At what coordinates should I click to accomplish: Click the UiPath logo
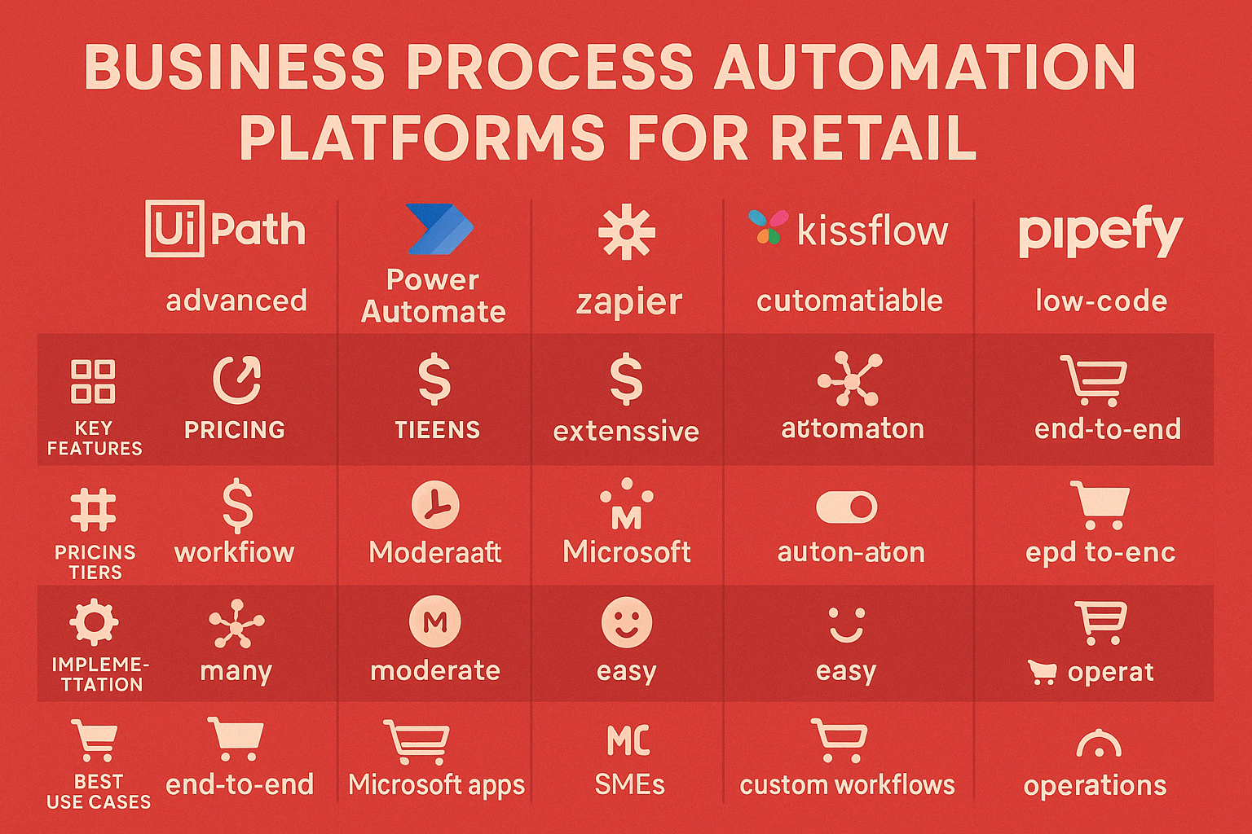pyautogui.click(x=225, y=229)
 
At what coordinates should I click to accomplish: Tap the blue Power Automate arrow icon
pyautogui.click(x=440, y=229)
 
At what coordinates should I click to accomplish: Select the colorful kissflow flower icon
pyautogui.click(x=768, y=226)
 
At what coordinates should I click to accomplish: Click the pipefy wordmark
pyautogui.click(x=1100, y=231)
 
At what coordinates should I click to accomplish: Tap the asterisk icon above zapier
pyautogui.click(x=626, y=231)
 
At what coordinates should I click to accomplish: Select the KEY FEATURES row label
pyautogui.click(x=95, y=438)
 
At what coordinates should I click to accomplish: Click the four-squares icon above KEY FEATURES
pyautogui.click(x=93, y=381)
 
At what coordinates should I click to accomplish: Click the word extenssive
pyautogui.click(x=626, y=431)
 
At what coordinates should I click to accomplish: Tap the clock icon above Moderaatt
pyautogui.click(x=435, y=505)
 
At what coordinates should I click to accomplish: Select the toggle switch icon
pyautogui.click(x=846, y=507)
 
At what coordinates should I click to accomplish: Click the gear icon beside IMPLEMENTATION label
pyautogui.click(x=94, y=622)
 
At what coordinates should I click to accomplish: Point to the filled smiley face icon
pyautogui.click(x=627, y=622)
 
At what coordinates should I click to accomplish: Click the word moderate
pyautogui.click(x=434, y=670)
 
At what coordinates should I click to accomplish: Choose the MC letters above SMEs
pyautogui.click(x=628, y=740)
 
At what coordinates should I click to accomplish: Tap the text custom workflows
pyautogui.click(x=847, y=785)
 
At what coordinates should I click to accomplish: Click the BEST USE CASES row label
pyautogui.click(x=99, y=792)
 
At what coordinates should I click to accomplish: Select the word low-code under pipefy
pyautogui.click(x=1101, y=301)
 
